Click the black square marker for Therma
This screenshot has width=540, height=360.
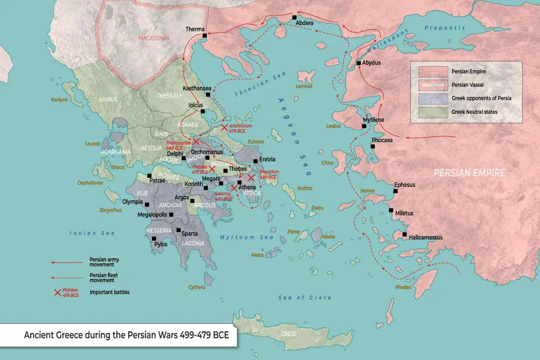pos(205,36)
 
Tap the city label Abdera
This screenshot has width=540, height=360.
pos(305,23)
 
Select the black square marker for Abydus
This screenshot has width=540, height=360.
pos(359,63)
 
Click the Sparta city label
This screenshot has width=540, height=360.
pos(189,233)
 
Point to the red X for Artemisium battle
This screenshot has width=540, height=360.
pos(224,128)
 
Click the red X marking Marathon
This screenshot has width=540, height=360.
pos(251,178)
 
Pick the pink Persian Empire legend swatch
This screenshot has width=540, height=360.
pos(433,72)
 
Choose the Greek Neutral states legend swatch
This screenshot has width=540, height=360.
pos(433,112)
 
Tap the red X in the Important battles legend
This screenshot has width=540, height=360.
pos(57,292)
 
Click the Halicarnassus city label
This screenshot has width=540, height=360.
pos(426,237)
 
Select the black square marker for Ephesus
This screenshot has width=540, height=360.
pos(396,191)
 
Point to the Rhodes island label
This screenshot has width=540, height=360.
pos(403,287)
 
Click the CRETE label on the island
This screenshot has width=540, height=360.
pos(288,334)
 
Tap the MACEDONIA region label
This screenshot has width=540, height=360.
pos(154,38)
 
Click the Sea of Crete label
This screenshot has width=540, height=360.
pos(305,298)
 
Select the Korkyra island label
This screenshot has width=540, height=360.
pos(59,100)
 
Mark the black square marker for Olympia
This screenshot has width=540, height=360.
pos(147,204)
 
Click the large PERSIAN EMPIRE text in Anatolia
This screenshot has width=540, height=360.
pos(469,172)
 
